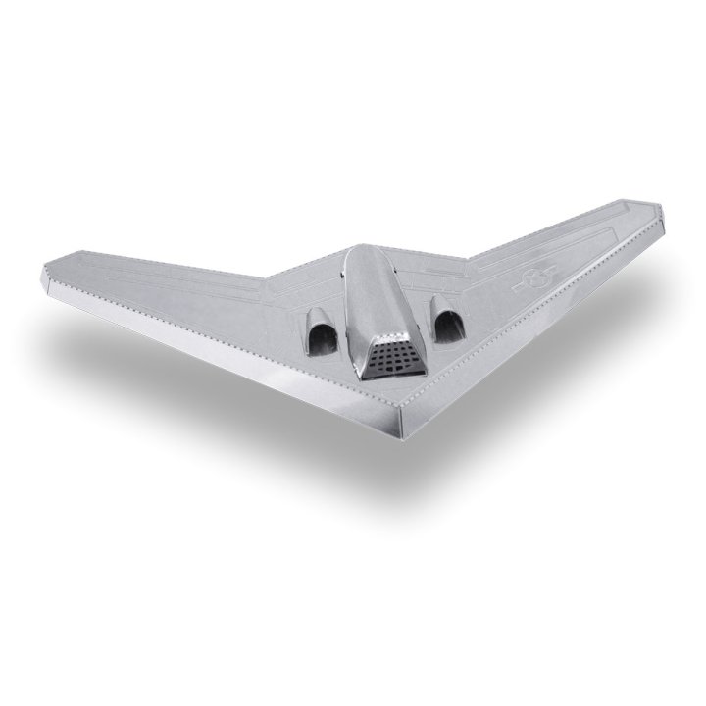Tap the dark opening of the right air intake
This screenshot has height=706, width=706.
click(448, 328)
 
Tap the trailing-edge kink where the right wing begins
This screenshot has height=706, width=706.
click(469, 260)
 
